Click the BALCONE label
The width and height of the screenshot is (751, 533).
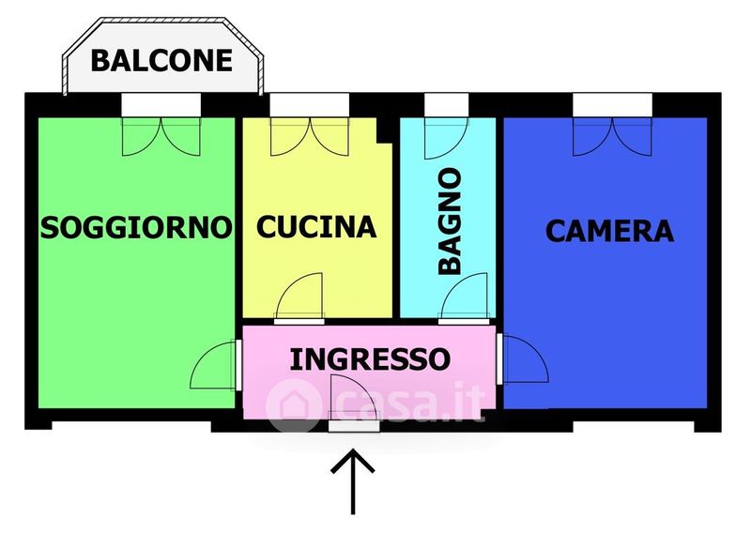coord(161,60)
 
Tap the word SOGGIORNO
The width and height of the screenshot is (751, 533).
coord(136,227)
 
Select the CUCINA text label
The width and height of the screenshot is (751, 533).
coord(316,227)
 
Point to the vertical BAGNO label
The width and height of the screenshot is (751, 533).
coord(450,221)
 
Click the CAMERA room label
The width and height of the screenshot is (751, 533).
coord(609,231)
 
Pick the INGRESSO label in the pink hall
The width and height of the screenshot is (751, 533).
coord(370,359)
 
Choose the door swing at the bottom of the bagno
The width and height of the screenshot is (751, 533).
coord(464,296)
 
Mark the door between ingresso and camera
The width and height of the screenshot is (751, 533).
coord(525,358)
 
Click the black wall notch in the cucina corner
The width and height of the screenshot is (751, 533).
coord(384,129)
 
